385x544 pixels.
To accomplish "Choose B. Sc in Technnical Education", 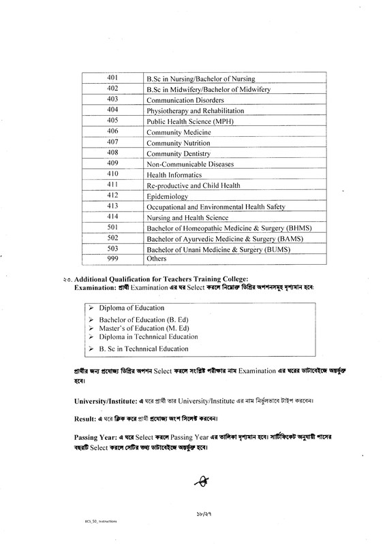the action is (x=142, y=349).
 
